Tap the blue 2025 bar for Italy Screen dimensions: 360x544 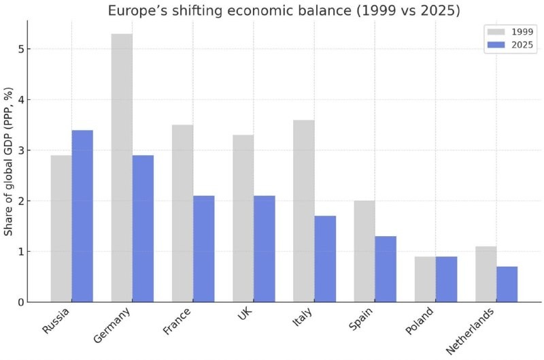pos(325,259)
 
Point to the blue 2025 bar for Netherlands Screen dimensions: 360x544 pos(507,284)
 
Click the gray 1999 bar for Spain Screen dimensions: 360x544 pos(364,251)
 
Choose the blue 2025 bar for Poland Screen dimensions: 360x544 pos(446,279)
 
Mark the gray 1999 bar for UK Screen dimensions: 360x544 pos(243,218)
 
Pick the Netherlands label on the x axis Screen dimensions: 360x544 pos(471,329)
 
